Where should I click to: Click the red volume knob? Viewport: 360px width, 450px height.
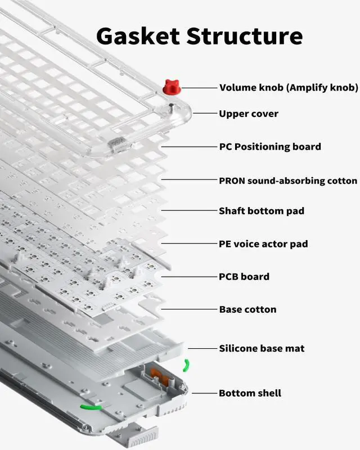pos(171,87)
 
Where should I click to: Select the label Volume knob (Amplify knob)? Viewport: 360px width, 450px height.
pos(288,88)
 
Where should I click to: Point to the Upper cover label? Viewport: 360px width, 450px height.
pos(248,114)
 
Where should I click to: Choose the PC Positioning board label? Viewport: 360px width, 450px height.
pos(269,147)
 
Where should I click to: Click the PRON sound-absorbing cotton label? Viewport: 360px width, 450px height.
pos(287,181)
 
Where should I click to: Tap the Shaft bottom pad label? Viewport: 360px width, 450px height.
pos(261,211)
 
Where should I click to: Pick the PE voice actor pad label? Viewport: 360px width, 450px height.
pos(263,244)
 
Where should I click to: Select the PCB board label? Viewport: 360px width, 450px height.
pos(244,277)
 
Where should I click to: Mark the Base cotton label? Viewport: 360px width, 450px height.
pos(247,309)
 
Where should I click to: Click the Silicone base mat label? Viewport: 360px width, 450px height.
pos(262,348)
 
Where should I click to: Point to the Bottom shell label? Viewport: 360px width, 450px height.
pos(250,393)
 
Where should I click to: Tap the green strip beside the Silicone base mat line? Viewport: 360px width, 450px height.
pos(186,366)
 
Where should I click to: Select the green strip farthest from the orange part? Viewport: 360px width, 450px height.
pos(91,406)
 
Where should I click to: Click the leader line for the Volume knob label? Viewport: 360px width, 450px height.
pos(198,88)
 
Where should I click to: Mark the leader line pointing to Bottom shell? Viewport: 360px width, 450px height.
pos(204,393)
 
